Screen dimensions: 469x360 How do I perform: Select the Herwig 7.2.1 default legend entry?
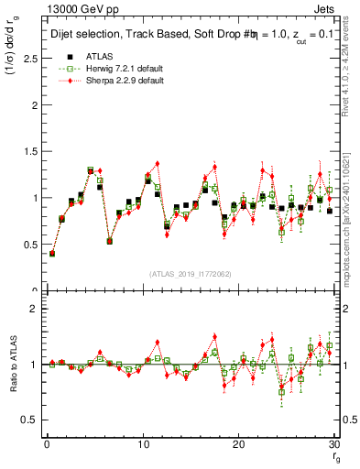[x=111, y=69]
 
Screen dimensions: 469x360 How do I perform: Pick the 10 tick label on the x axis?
[x=142, y=445]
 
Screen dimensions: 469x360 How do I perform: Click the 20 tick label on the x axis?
[x=238, y=445]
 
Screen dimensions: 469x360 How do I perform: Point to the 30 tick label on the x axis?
[x=333, y=445]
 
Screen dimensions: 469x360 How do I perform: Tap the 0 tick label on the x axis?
[x=46, y=445]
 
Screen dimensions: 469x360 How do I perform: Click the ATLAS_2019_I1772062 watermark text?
[x=191, y=274]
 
